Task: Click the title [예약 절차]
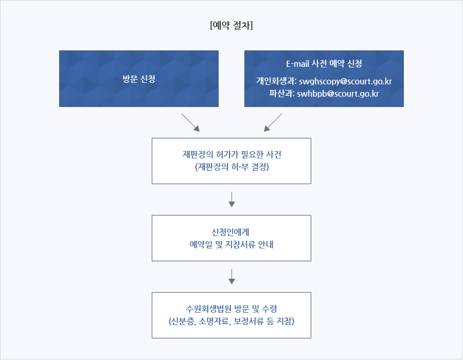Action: tap(232, 25)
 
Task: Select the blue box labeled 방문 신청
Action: tap(139, 79)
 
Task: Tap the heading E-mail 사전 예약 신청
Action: tap(324, 63)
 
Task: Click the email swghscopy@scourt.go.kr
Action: tap(345, 81)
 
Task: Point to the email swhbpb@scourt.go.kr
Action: tap(338, 94)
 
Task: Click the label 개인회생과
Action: tap(276, 81)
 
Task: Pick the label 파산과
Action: tap(281, 93)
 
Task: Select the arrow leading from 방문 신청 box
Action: tap(190, 122)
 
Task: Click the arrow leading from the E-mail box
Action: tap(273, 122)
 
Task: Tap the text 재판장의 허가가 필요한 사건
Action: tap(232, 154)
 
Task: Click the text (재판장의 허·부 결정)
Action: tap(232, 167)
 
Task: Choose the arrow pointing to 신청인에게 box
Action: tap(232, 200)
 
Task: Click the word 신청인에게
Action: tap(230, 232)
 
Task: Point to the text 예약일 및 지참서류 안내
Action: tap(232, 244)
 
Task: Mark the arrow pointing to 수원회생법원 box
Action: tap(232, 277)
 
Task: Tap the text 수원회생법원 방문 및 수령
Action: tap(232, 309)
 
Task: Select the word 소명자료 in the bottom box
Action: tap(214, 321)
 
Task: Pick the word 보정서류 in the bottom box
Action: tap(248, 321)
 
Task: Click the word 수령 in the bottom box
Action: tap(270, 309)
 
